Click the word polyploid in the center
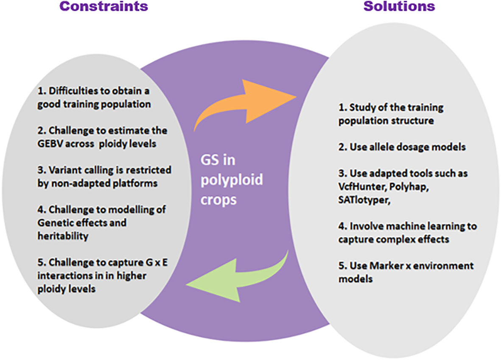tap(232, 181)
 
